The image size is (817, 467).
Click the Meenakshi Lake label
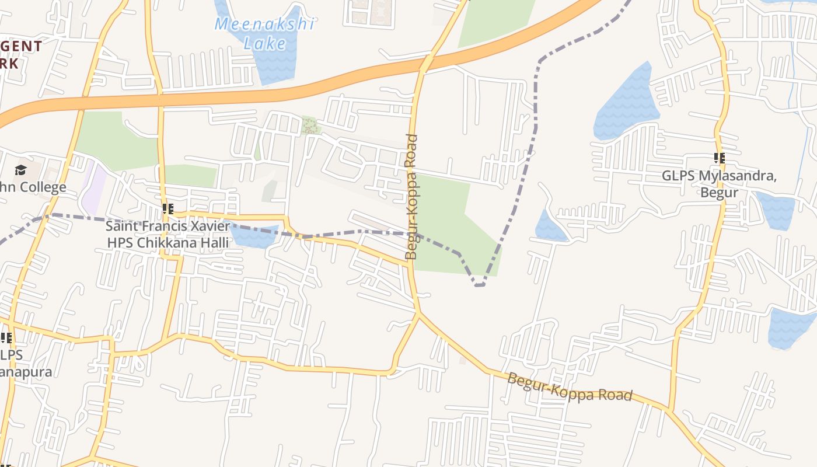(265, 33)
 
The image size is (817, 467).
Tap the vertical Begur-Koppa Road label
(412, 197)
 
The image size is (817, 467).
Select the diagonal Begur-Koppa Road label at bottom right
(569, 387)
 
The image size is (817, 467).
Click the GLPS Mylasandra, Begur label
(719, 184)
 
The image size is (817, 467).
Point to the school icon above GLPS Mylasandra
(720, 158)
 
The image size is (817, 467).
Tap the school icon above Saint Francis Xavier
(167, 208)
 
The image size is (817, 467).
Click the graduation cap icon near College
(20, 170)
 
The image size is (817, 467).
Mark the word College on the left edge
(42, 187)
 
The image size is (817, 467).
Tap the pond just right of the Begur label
(776, 210)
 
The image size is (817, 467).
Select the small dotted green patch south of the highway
(310, 126)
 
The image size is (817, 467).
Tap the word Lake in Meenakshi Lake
(265, 44)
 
